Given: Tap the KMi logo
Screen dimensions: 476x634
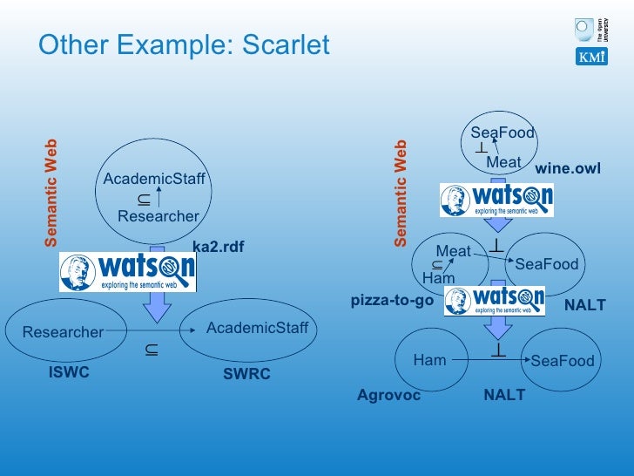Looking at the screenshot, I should (x=591, y=57).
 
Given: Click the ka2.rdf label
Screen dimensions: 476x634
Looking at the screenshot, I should (x=218, y=248).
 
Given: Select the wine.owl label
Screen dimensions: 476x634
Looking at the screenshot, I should (x=567, y=168).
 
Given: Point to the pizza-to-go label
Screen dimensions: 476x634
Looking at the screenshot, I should (x=392, y=300).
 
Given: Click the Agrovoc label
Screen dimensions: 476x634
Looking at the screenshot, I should (x=388, y=395).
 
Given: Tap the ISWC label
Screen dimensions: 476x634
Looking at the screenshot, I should (x=69, y=372).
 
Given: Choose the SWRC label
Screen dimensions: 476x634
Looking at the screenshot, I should (x=246, y=374).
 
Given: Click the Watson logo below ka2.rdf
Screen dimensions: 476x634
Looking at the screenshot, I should (x=127, y=272).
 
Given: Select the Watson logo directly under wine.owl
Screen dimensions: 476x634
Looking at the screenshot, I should (x=496, y=200).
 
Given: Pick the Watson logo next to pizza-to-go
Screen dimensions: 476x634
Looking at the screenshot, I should (x=494, y=301).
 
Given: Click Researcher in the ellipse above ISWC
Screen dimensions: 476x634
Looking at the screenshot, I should (x=63, y=332).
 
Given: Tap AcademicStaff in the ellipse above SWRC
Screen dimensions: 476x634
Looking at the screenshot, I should (x=257, y=328).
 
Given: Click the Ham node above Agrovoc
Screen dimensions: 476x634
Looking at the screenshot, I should (x=429, y=359).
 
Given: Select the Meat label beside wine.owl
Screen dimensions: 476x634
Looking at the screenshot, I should (x=503, y=162).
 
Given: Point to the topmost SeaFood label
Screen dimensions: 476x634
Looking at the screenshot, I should (x=502, y=133).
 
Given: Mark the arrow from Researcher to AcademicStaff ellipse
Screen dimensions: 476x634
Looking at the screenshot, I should (x=148, y=331).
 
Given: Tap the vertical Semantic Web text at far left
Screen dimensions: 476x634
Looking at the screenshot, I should (x=51, y=192).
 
